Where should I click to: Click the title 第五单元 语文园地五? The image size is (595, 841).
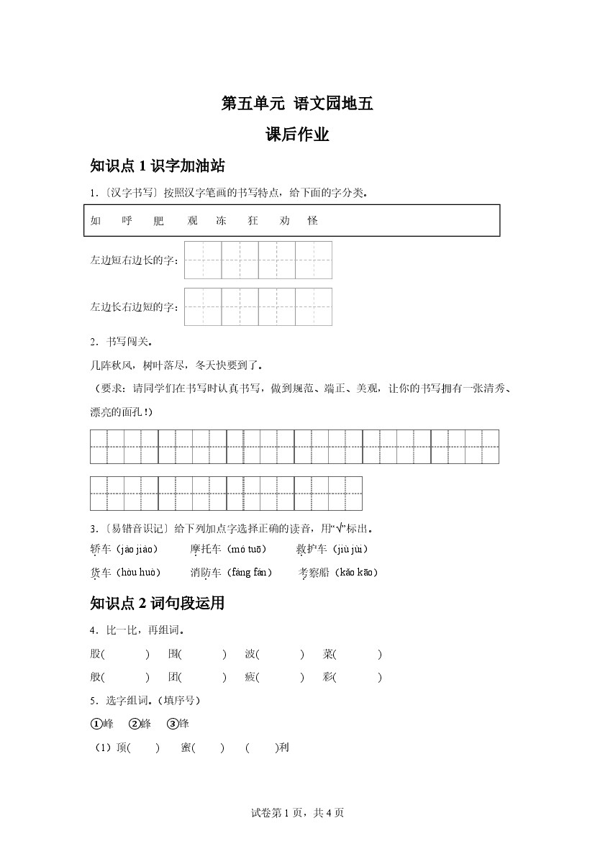click(297, 104)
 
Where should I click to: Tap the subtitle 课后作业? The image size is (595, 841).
click(297, 135)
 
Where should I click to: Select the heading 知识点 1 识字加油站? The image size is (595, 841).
click(158, 166)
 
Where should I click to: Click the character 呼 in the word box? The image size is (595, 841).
click(127, 221)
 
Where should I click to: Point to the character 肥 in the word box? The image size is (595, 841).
click(159, 221)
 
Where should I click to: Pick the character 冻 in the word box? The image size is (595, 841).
click(221, 221)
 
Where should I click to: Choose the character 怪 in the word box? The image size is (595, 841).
click(312, 221)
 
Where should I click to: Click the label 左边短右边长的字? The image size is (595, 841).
click(134, 260)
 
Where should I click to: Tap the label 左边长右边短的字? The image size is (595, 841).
click(134, 307)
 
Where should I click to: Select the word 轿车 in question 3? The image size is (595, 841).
click(101, 550)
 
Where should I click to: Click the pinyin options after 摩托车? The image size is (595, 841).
click(246, 550)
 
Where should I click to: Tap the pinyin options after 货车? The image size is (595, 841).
click(137, 573)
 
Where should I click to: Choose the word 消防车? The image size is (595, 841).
click(206, 573)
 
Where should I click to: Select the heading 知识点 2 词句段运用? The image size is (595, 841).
click(158, 604)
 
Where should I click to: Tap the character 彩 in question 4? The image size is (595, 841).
click(328, 677)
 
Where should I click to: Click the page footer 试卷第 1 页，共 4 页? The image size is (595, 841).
click(297, 813)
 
